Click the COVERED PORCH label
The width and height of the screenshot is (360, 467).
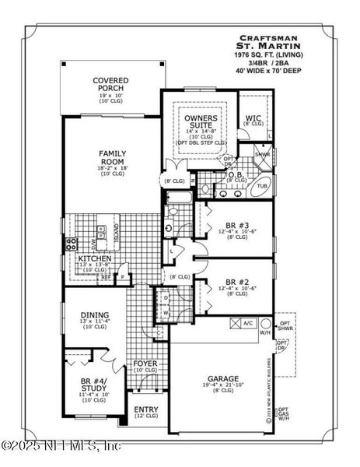(x=110, y=85)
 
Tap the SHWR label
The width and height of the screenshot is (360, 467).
(x=263, y=154)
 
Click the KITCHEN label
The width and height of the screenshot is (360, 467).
(x=93, y=258)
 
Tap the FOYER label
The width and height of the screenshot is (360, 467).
(x=145, y=363)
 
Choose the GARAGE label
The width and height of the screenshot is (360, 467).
(x=222, y=379)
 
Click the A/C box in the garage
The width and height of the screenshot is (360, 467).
(x=248, y=322)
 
